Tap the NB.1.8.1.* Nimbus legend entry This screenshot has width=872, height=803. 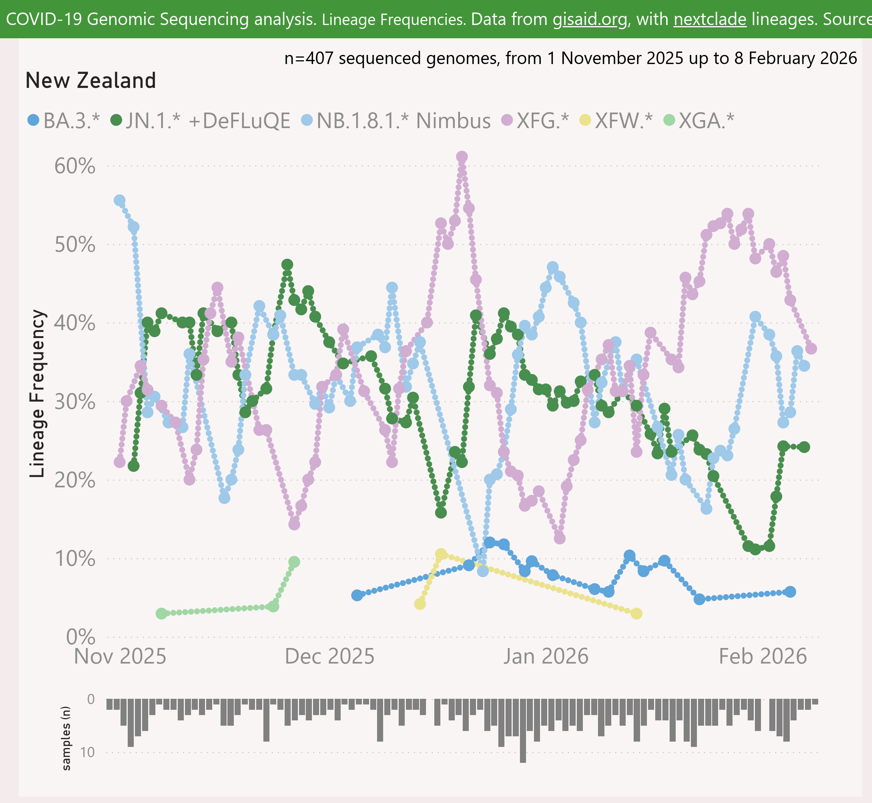[396, 121]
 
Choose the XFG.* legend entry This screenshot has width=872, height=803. [535, 121]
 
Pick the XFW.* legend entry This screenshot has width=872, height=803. [617, 121]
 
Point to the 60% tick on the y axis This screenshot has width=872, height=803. [75, 166]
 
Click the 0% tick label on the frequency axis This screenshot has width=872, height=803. [81, 637]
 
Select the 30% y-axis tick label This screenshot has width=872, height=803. [75, 402]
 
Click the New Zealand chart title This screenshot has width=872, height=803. [90, 81]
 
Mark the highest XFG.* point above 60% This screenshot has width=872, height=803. [462, 157]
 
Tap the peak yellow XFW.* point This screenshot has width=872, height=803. [441, 554]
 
